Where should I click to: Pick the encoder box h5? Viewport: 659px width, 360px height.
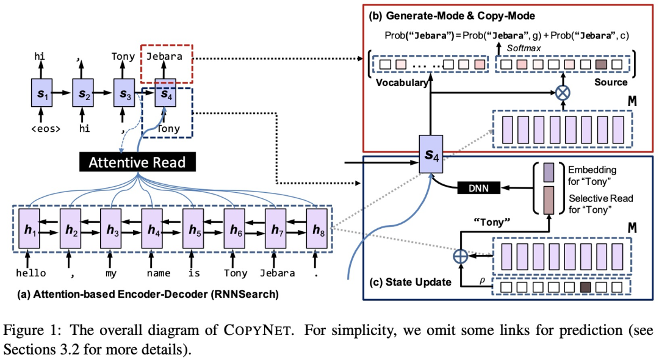(193, 229)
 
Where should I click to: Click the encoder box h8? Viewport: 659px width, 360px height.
(317, 229)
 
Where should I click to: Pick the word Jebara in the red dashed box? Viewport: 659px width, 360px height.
(165, 56)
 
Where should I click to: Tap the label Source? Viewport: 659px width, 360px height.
(611, 82)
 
